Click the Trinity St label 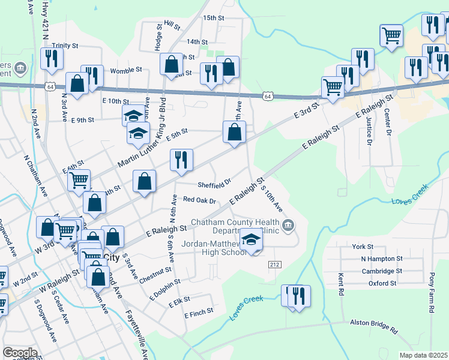[65, 46]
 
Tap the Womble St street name [124, 71]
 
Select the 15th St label [212, 19]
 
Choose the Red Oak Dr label [199, 200]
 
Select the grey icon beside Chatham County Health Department [289, 226]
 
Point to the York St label [363, 247]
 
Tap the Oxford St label [382, 283]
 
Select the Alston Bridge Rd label [374, 326]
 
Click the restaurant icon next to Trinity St [52, 58]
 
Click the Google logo [19, 353]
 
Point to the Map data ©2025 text [423, 355]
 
